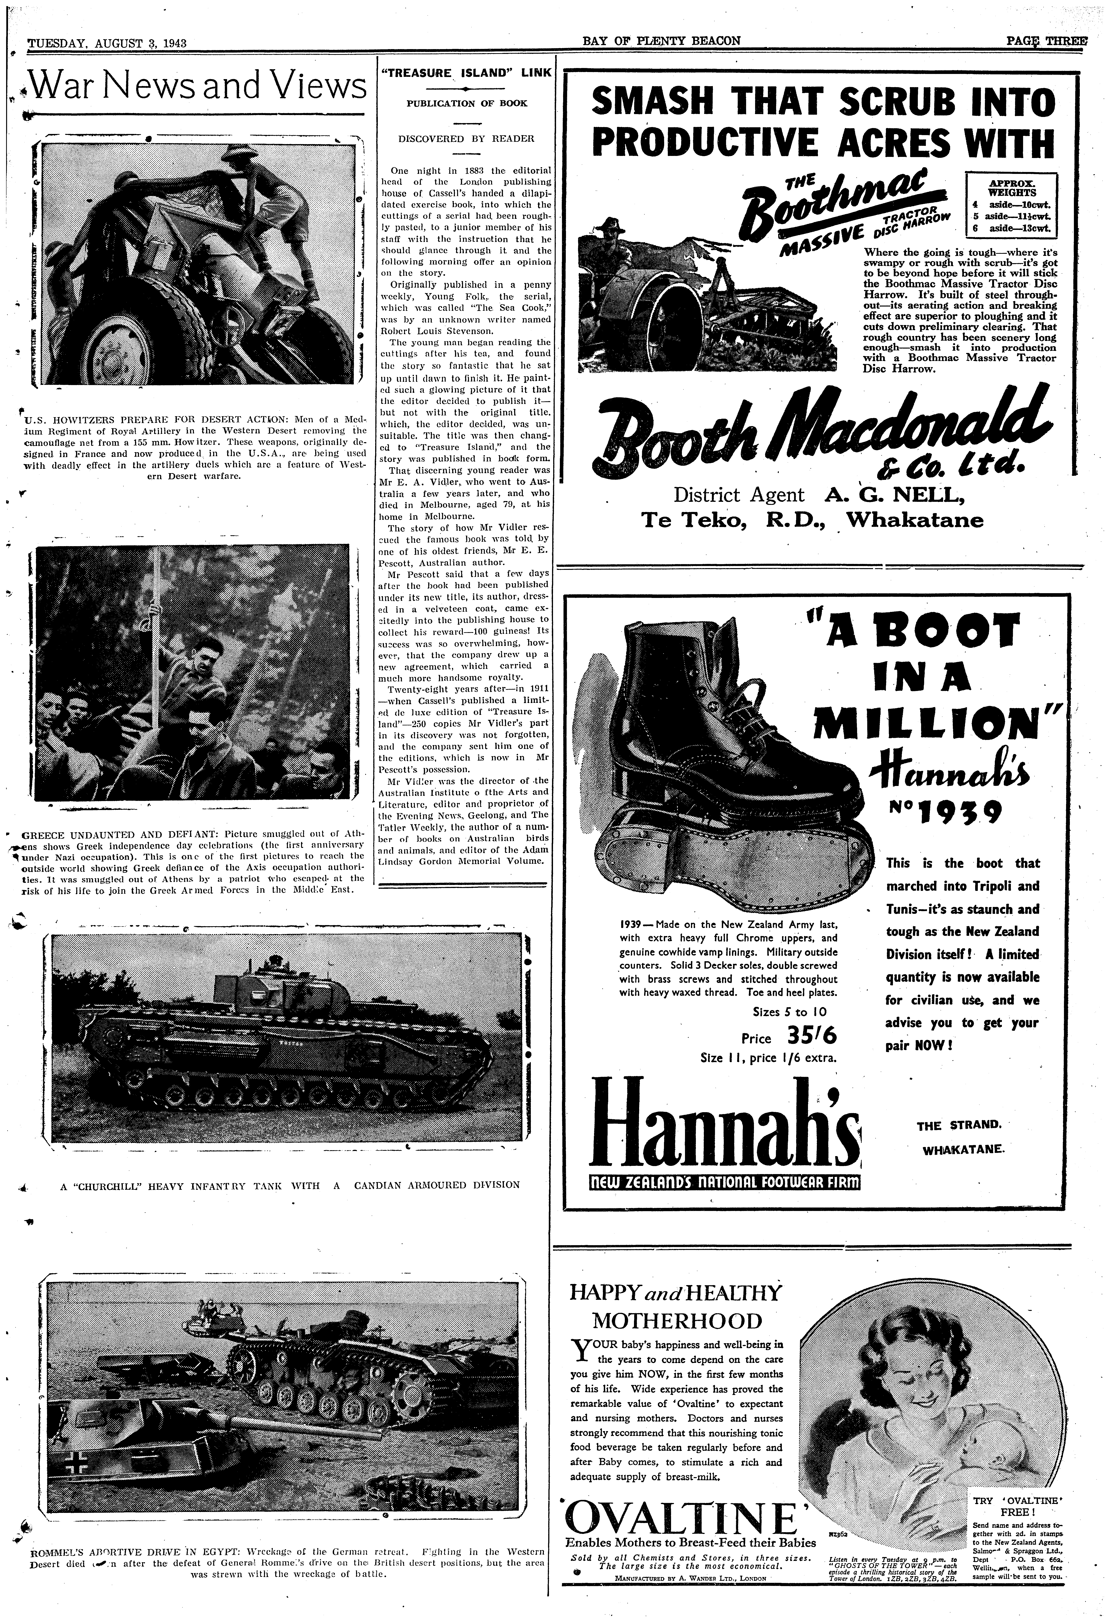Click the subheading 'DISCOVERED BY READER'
tap(466, 138)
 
